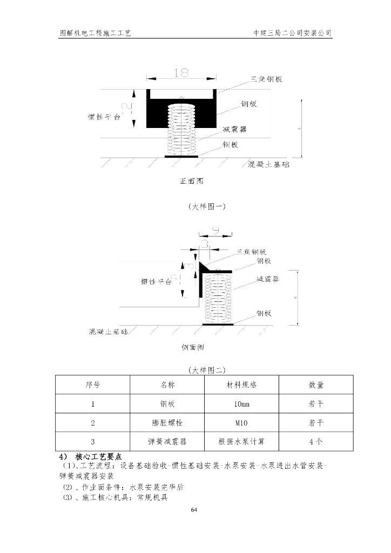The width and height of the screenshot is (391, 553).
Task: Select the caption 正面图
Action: [192, 181]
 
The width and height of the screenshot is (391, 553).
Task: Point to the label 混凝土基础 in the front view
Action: [268, 164]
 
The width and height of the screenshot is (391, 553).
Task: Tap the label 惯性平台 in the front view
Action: [104, 117]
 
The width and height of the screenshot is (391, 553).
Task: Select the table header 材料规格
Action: [241, 385]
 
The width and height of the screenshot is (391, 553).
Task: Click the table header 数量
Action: [316, 385]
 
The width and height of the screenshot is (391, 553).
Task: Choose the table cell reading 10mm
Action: [241, 403]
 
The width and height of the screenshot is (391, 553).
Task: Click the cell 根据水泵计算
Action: [241, 441]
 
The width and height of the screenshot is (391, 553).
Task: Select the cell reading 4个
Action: [316, 441]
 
